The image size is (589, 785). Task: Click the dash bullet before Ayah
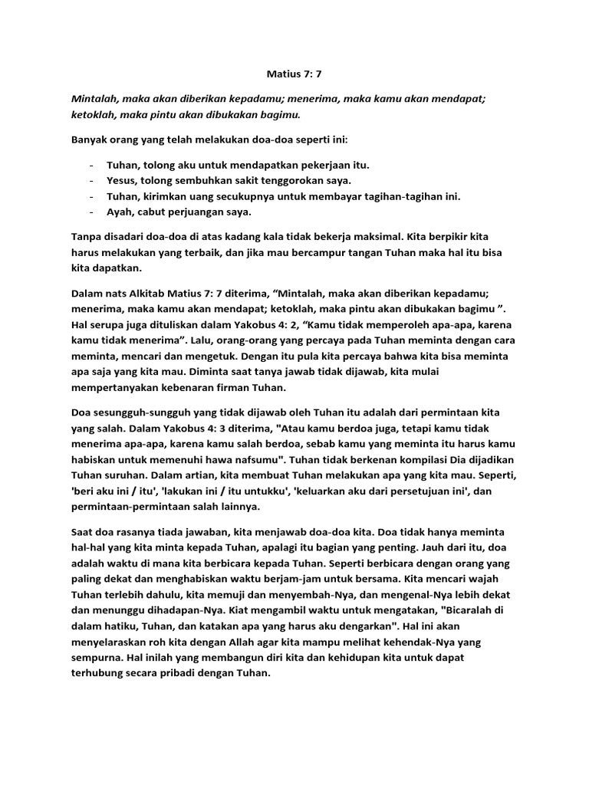point(92,212)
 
